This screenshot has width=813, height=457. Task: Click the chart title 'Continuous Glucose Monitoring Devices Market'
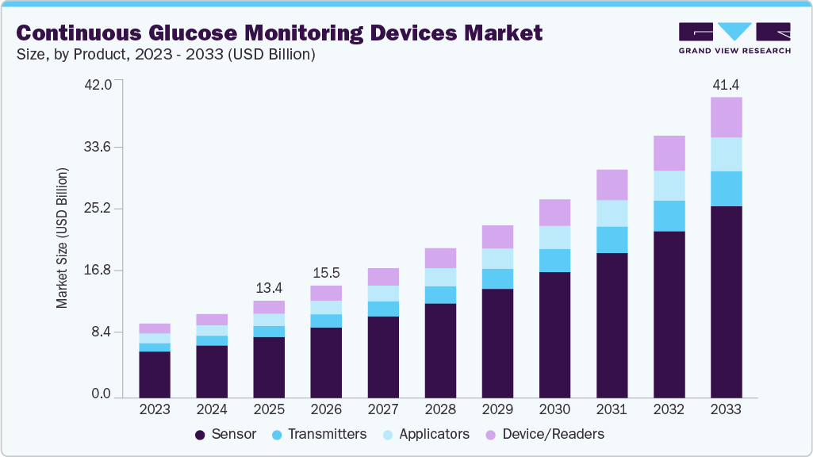tap(279, 33)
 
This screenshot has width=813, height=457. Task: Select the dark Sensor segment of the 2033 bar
tap(726, 301)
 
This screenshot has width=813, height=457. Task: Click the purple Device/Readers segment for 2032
tap(669, 153)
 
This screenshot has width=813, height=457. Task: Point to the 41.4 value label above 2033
tap(726, 84)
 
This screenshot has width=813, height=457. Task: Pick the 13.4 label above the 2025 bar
tap(269, 287)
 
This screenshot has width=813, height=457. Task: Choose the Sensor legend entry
tap(225, 434)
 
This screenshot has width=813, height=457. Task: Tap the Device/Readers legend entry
tap(544, 434)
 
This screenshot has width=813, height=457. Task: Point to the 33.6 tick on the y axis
tap(100, 147)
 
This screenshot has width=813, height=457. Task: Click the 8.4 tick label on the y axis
tap(103, 332)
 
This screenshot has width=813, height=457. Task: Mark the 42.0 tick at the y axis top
tap(100, 85)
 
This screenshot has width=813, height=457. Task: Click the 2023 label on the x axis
tap(155, 409)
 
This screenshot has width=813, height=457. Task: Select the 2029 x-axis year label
tap(497, 409)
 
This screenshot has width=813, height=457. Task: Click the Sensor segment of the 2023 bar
tap(155, 374)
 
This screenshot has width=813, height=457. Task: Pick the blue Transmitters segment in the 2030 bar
tap(554, 260)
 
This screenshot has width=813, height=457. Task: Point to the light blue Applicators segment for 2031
tap(612, 213)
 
